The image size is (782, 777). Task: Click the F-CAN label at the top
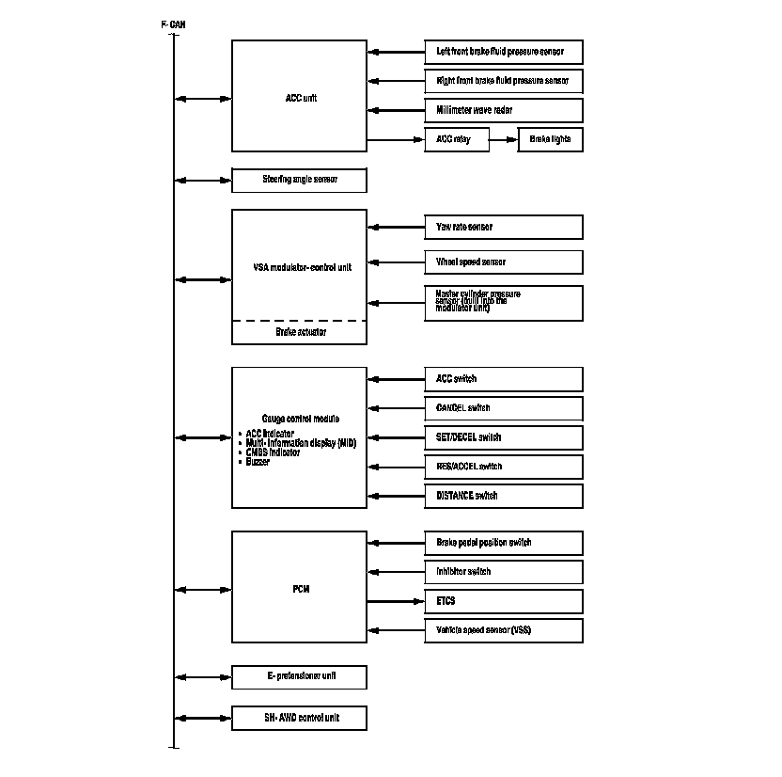pos(173,24)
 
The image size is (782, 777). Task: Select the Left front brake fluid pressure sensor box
pos(503,52)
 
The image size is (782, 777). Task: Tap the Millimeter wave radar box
pos(503,110)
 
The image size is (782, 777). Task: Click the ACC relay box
pos(457,139)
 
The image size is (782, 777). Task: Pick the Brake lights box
pos(550,139)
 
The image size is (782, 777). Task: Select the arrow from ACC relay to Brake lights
pos(504,139)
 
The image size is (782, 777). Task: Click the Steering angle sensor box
pos(299,180)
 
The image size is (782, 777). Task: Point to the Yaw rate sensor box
pos(503,227)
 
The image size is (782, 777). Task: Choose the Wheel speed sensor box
pos(503,262)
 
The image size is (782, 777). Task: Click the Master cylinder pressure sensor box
pos(503,303)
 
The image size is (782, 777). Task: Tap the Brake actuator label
pos(300,332)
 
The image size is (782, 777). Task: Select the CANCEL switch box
pos(503,408)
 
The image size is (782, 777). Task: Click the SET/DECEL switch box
pos(503,437)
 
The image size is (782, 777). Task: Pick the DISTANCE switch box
pos(503,496)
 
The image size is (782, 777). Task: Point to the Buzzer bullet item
pos(258,462)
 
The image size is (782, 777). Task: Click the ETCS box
pos(503,601)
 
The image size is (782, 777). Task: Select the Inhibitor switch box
pos(503,572)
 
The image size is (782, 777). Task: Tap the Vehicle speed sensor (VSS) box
pos(503,630)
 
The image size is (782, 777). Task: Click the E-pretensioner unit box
pos(299,677)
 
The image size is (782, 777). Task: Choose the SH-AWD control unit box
pos(299,718)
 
